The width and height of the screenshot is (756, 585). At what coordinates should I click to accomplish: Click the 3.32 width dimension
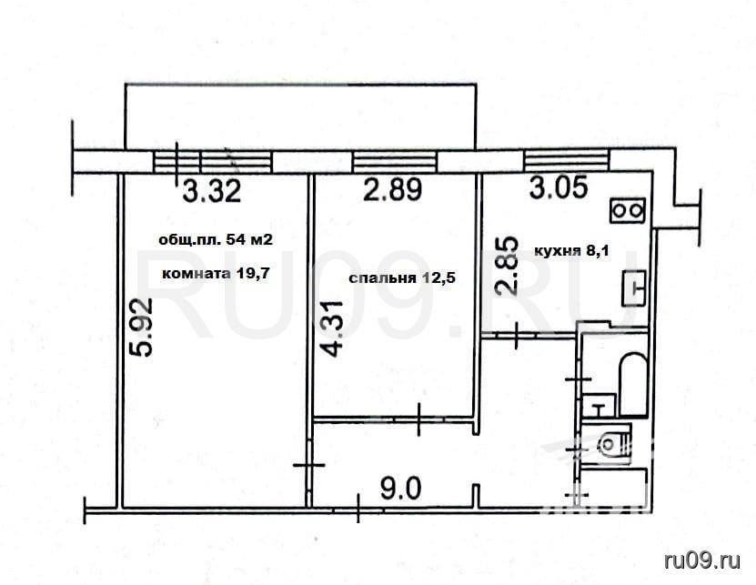212,190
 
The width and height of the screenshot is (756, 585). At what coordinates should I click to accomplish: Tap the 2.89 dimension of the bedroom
392,189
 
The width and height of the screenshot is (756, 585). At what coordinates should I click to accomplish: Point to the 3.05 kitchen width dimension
559,187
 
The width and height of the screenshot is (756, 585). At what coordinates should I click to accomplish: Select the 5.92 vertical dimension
142,327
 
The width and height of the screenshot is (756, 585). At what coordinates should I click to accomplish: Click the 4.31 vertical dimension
333,328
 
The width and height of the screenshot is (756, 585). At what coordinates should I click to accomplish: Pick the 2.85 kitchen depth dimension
508,266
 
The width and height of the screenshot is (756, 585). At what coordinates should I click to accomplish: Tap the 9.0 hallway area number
400,488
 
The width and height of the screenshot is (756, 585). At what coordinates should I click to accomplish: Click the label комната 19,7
215,274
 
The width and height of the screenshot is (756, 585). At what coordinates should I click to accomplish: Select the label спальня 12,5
401,278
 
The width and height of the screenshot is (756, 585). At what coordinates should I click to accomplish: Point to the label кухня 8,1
572,251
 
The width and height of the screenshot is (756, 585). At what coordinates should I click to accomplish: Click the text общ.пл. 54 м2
216,239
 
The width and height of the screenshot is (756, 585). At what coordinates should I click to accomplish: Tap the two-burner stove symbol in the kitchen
628,211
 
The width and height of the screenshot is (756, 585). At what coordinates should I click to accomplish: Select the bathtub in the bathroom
632,385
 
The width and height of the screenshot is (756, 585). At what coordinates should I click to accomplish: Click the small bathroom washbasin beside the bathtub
600,406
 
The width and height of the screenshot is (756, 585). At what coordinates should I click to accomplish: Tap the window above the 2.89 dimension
395,162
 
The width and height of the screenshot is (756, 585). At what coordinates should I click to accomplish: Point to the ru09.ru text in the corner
702,560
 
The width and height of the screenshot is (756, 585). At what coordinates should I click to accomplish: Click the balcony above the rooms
300,116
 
